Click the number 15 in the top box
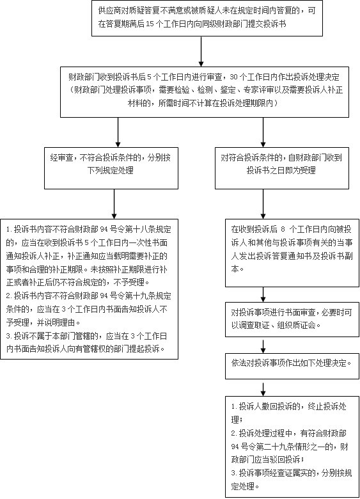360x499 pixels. pos(150,24)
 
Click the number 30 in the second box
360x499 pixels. pos(233,77)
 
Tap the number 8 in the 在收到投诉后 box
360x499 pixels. pos(283,230)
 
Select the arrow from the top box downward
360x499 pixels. pos(201,52)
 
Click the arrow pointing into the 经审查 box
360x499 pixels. pos(118,132)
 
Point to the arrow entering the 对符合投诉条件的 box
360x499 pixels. pos(263,132)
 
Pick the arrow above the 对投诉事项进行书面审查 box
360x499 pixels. pos(263,295)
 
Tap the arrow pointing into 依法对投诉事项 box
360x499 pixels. pos(263,347)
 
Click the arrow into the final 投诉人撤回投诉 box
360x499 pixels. pos(263,389)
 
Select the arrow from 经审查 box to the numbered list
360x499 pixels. pos(114,204)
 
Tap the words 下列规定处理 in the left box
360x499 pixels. pos(111,170)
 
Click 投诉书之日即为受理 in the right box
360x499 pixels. pos(281,170)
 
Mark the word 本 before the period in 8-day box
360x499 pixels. pos(235,269)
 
